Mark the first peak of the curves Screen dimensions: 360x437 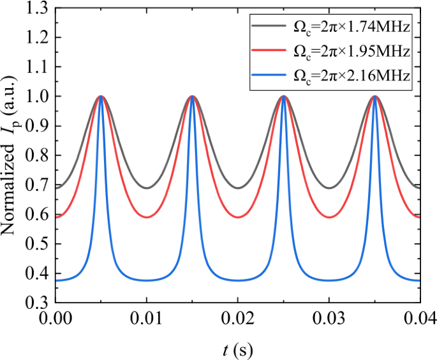(x=101, y=96)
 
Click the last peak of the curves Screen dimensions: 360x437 (x=374, y=96)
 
